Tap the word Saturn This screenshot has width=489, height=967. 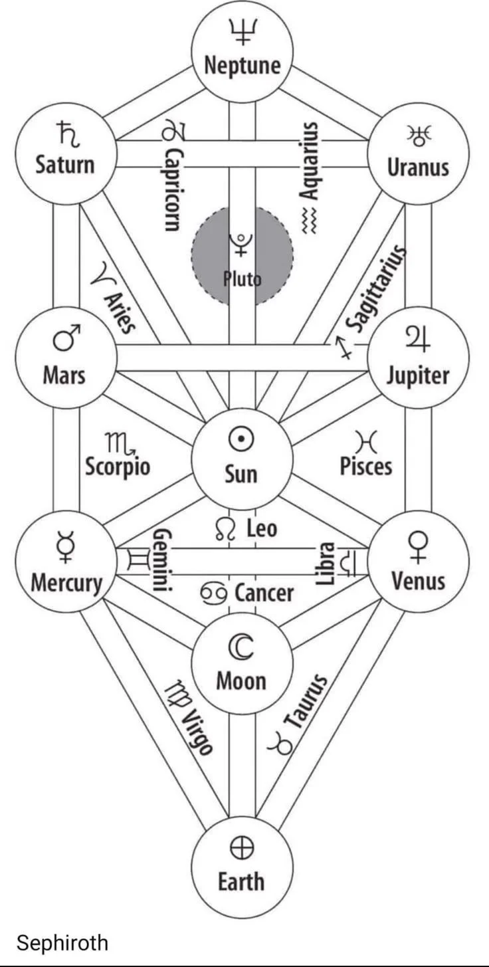[65, 164]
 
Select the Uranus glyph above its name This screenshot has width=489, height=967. [419, 135]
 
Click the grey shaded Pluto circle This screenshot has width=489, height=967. [242, 256]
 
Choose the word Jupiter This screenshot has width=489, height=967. [418, 376]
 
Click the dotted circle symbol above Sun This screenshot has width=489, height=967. [242, 439]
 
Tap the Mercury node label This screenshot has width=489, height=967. [66, 583]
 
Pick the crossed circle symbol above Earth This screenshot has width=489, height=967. [242, 847]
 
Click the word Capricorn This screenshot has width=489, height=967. [173, 189]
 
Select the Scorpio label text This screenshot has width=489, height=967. [118, 466]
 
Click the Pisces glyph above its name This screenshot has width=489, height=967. [365, 440]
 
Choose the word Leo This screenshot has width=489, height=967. [262, 529]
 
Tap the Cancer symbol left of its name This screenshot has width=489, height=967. [214, 592]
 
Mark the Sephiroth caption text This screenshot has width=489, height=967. [62, 942]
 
